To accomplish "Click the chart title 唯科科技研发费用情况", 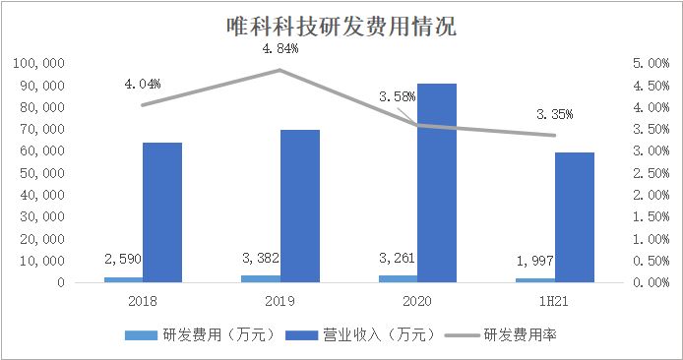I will click(x=341, y=26).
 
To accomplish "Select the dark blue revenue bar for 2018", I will click(x=161, y=212).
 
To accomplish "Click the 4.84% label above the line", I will click(x=279, y=47).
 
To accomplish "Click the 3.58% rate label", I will click(x=398, y=96).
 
